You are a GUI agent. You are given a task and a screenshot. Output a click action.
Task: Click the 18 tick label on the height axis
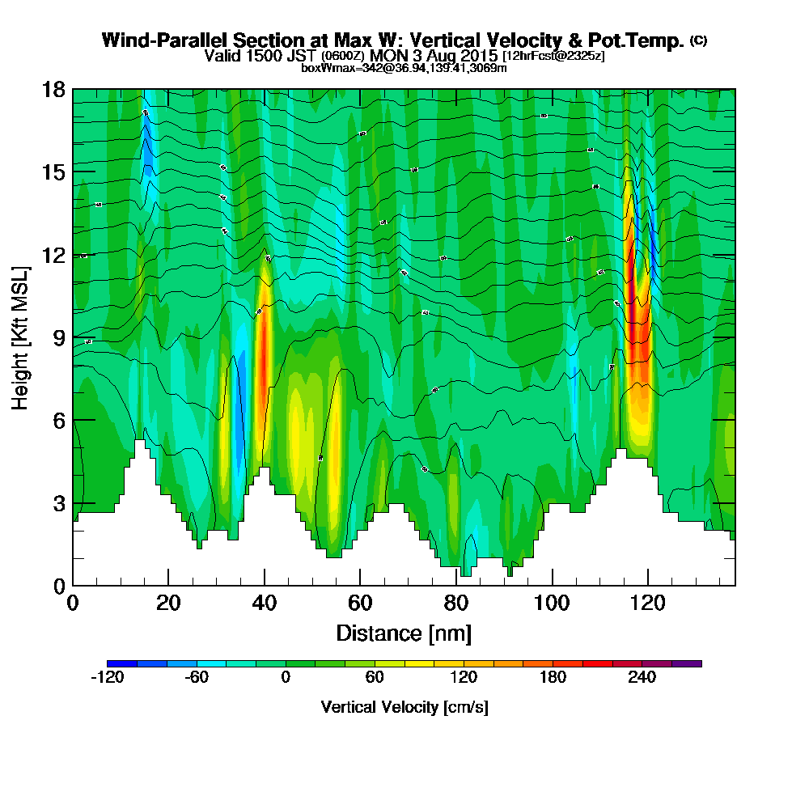click(x=54, y=89)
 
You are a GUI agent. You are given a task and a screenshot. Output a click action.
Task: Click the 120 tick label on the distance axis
click(x=647, y=604)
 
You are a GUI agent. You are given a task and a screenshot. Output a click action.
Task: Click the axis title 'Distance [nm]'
click(x=404, y=633)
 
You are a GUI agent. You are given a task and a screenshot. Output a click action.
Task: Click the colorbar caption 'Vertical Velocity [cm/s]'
click(x=404, y=707)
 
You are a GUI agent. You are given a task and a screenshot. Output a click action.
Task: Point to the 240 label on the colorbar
click(x=642, y=678)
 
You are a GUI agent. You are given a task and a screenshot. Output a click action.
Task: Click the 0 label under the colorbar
click(x=285, y=678)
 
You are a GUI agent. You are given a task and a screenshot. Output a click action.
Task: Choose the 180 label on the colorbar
click(x=553, y=678)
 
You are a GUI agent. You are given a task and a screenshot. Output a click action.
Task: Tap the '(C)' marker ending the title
click(x=698, y=40)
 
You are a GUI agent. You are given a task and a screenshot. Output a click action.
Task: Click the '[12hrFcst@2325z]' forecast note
click(x=553, y=56)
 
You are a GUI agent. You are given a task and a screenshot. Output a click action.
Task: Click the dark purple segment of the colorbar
click(x=686, y=663)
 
